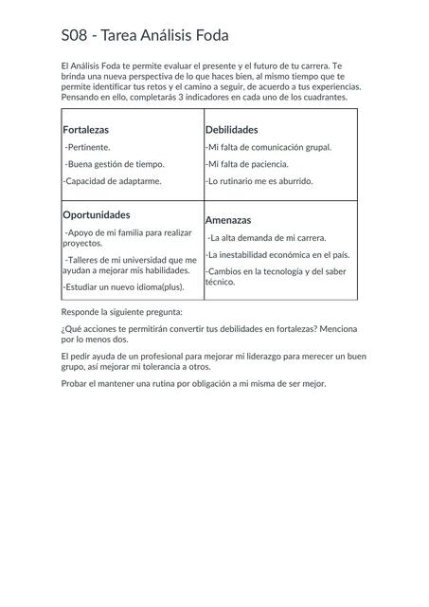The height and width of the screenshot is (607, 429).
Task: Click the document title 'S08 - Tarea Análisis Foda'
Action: click(x=137, y=37)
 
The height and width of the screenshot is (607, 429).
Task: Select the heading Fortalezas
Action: click(x=86, y=129)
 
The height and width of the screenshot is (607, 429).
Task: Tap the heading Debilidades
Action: click(x=232, y=129)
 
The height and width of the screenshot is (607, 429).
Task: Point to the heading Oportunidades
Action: click(x=97, y=214)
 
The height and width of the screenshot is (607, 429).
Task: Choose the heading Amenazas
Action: click(x=228, y=219)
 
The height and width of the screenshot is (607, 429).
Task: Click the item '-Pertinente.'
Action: click(x=87, y=147)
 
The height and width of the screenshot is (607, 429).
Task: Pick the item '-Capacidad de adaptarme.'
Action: click(x=112, y=180)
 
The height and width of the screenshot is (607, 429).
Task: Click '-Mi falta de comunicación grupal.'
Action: click(x=268, y=147)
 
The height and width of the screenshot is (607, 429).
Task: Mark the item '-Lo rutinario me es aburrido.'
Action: click(x=259, y=180)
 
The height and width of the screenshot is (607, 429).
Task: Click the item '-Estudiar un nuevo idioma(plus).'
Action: click(x=123, y=285)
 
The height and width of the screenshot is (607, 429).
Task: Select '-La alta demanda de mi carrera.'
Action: click(x=267, y=238)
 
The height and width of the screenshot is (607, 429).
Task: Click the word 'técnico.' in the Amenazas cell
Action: click(x=221, y=282)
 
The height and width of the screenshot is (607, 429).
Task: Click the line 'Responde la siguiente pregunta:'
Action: click(x=121, y=311)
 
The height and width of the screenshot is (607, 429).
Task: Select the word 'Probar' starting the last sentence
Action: click(x=73, y=383)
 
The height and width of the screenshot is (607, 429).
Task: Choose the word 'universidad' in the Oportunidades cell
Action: click(x=149, y=259)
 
